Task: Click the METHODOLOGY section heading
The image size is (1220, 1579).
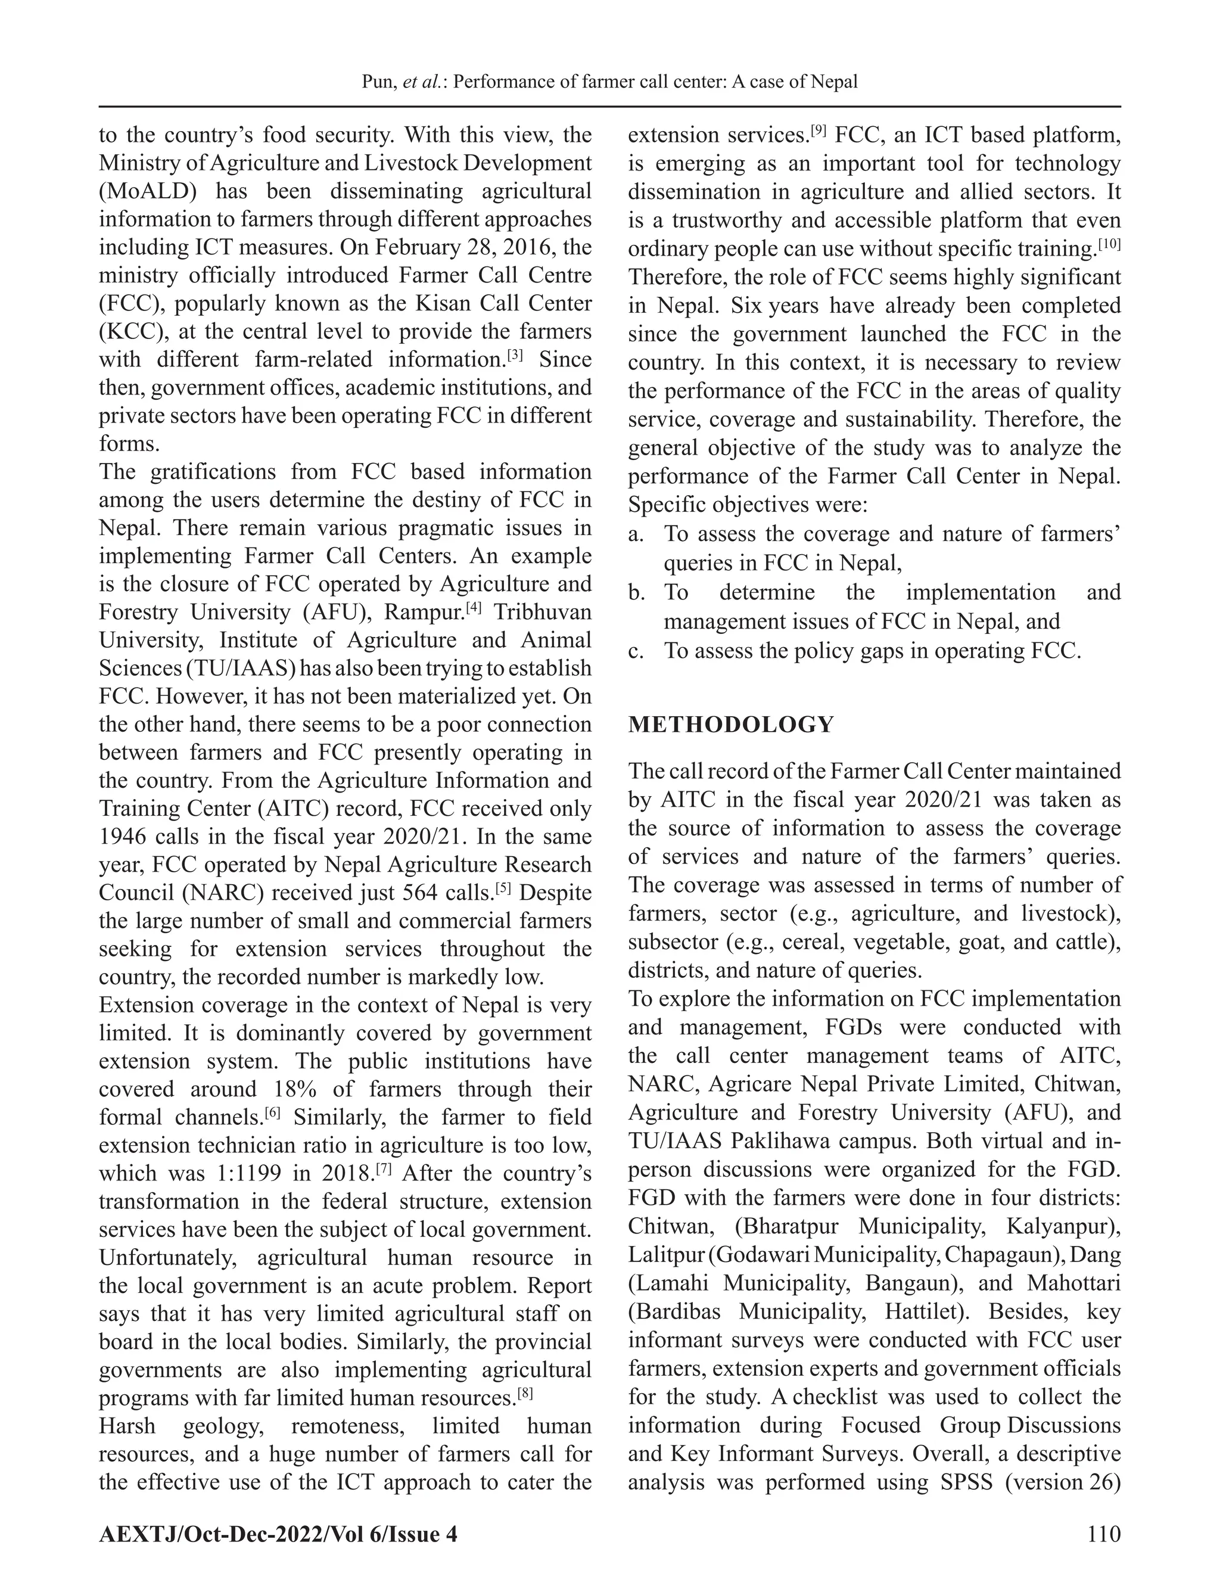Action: point(731,725)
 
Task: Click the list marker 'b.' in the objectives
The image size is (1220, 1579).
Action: point(636,593)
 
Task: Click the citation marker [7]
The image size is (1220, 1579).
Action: point(384,1168)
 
